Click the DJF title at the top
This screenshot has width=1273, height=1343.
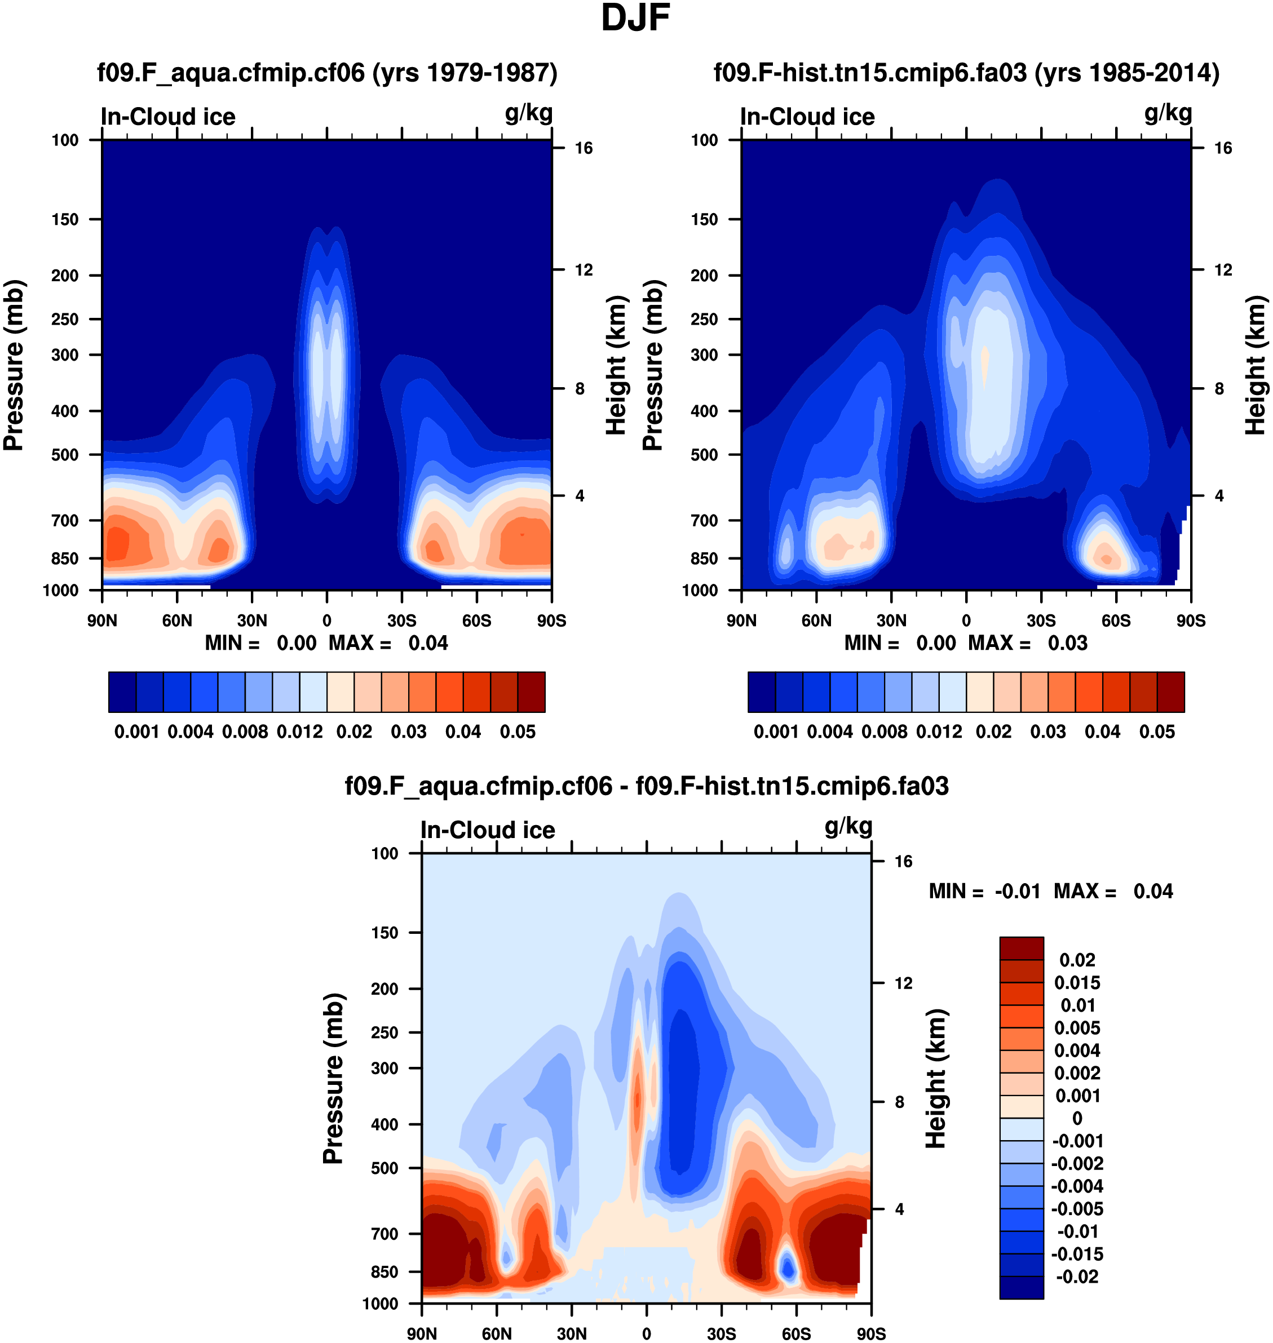coord(635,18)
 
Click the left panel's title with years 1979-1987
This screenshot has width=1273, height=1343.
coord(327,73)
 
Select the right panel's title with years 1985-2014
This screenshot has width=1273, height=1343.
coord(966,73)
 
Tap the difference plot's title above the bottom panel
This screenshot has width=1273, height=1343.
coord(646,786)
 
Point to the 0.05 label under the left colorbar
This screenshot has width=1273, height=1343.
coord(518,732)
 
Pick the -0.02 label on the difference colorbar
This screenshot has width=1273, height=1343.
coord(1077,1276)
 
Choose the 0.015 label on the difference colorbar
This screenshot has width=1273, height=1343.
coord(1077,983)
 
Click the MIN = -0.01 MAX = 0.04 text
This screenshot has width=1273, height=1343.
coord(1050,891)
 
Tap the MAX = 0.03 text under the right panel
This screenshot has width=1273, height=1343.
coord(1027,643)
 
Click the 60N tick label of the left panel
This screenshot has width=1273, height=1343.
coord(177,620)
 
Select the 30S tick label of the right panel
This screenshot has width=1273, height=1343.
coord(1041,620)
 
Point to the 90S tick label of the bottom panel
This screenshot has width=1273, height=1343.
coord(870,1334)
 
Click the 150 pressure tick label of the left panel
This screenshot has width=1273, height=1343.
coord(65,219)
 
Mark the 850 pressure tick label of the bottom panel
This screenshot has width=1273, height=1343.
coord(384,1272)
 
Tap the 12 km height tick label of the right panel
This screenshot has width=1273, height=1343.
coord(1223,270)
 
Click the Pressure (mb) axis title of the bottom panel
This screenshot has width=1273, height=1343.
coord(333,1079)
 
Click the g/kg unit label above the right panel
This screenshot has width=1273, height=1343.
coord(1168,113)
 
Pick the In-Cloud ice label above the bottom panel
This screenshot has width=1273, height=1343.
coord(487,830)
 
